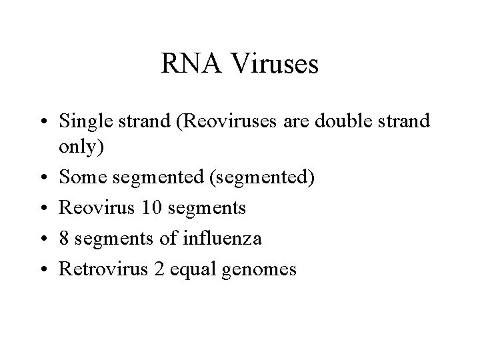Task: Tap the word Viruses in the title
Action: (x=274, y=65)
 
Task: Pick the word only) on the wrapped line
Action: (x=82, y=147)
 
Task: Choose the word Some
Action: (x=79, y=178)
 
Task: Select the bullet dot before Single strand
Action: (x=43, y=123)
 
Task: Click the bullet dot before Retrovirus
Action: (x=43, y=271)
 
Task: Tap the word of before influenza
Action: (x=158, y=239)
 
